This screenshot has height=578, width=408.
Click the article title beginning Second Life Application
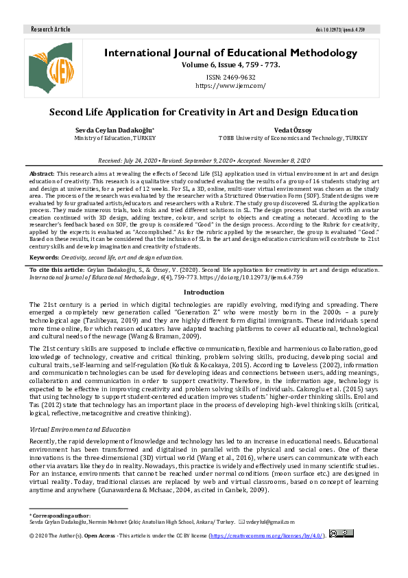tap(204, 112)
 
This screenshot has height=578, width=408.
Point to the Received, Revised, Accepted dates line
tap(204, 158)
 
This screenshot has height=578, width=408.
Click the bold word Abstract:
tap(42, 174)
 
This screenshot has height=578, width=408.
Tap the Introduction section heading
tap(204, 292)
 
